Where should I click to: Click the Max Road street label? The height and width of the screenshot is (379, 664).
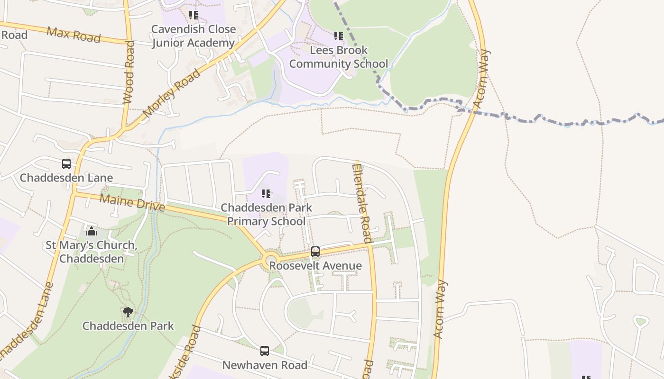[x=74, y=35]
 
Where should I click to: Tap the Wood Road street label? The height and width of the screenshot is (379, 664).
[x=129, y=72]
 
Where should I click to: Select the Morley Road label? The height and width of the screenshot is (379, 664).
[x=171, y=93]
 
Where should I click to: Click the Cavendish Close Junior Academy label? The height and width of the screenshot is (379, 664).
[x=193, y=36]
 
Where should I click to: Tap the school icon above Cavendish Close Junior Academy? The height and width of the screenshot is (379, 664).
[x=193, y=15]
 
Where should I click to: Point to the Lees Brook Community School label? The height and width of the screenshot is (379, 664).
[x=339, y=57]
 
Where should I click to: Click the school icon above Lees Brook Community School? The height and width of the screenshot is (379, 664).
[x=338, y=36]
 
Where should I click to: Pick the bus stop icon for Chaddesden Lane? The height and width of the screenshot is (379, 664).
[x=66, y=164]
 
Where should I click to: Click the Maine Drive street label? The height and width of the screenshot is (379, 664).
[x=132, y=203]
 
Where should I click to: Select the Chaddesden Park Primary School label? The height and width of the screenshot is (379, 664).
[x=266, y=215]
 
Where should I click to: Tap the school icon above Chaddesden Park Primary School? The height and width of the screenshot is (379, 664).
[x=266, y=194]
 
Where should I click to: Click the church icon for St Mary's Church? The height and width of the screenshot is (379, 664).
[x=92, y=232]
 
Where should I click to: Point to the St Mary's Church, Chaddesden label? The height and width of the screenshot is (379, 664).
[x=92, y=252]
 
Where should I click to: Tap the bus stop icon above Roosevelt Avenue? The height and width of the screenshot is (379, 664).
[x=315, y=252]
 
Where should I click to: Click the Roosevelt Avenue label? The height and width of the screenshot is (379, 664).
[x=315, y=266]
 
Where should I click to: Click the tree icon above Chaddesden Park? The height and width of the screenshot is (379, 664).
[x=128, y=312]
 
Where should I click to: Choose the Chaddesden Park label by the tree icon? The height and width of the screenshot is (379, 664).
[x=128, y=326]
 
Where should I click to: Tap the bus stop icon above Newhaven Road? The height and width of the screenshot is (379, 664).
[x=265, y=351]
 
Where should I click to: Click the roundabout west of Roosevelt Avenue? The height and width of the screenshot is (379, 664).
[x=271, y=260]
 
